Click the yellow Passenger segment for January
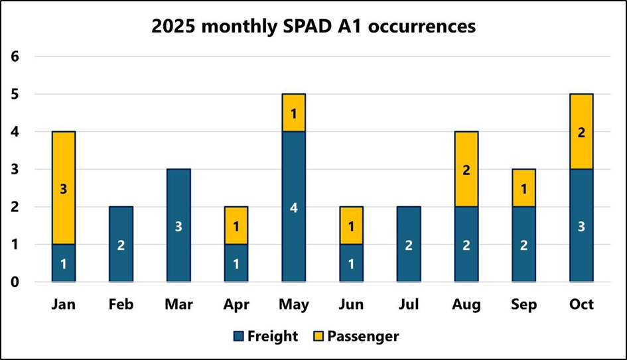(x=64, y=188)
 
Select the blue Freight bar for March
(x=178, y=225)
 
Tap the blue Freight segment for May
(x=294, y=207)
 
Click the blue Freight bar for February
(x=121, y=244)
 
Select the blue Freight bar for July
(x=409, y=244)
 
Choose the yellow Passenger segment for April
(x=236, y=225)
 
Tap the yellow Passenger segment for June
(x=351, y=225)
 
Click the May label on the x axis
(x=294, y=304)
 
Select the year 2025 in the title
(x=174, y=27)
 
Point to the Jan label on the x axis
(x=64, y=304)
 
